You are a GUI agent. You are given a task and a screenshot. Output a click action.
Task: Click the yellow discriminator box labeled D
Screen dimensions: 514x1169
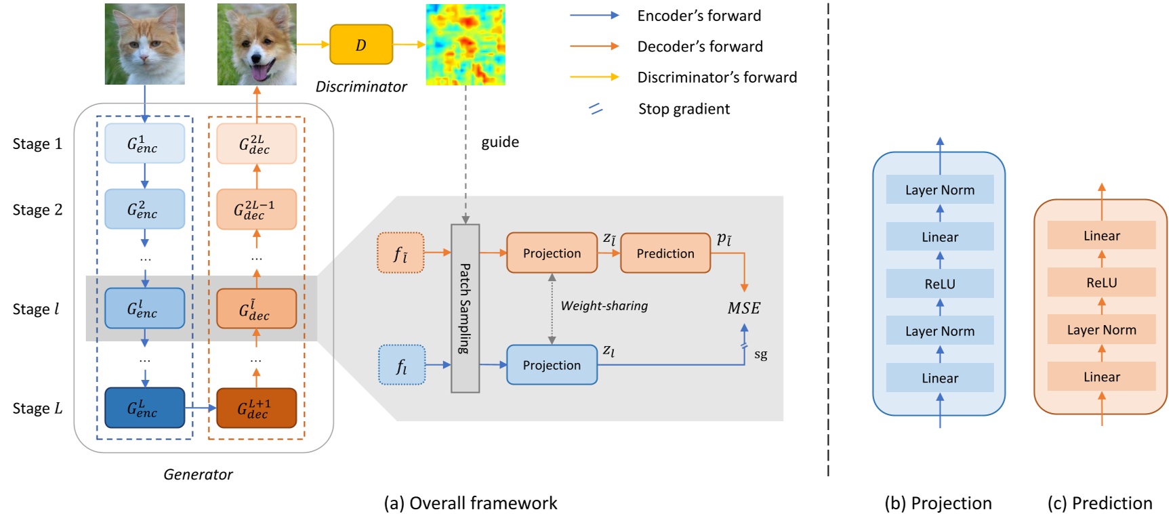361,45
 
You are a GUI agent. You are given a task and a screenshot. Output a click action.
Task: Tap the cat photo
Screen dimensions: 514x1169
144,44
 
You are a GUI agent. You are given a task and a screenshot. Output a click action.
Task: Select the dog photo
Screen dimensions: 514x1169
256,44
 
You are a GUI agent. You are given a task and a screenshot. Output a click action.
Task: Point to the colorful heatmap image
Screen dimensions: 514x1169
465,45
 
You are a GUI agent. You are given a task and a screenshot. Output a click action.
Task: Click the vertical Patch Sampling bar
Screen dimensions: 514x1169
465,308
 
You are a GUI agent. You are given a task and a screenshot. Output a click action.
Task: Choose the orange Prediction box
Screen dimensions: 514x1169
665,253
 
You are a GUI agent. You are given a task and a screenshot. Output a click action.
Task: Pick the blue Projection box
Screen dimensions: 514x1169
552,365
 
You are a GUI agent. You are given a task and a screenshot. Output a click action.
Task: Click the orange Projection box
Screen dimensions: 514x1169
552,253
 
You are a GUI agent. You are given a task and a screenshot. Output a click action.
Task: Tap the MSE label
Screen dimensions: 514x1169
743,308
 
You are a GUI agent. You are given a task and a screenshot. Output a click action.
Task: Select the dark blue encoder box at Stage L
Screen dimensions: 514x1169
144,408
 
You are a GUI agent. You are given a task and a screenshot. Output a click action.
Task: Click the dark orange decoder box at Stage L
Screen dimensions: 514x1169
256,408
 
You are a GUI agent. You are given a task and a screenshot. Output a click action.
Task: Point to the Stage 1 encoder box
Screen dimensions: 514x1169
144,144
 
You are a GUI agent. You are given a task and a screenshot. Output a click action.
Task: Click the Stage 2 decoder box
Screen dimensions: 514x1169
256,209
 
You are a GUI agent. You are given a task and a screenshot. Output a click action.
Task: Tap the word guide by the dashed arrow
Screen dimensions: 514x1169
500,142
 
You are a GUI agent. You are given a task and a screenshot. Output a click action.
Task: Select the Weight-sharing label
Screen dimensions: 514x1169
604,306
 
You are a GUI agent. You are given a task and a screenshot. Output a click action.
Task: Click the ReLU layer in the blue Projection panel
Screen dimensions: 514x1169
939,284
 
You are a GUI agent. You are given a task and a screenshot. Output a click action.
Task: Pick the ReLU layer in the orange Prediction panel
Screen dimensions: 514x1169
1101,282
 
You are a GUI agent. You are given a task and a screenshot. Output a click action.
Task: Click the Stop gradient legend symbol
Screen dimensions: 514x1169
596,108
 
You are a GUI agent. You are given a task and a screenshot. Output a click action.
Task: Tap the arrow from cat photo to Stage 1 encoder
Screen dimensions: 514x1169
144,103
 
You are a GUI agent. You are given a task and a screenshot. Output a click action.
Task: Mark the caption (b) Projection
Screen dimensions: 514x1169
938,503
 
